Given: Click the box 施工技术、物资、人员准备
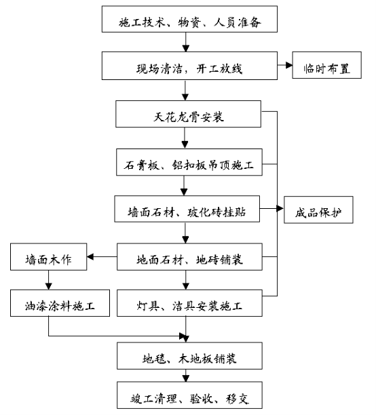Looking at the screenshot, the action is click(189, 19).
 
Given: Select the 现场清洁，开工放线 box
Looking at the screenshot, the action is click(189, 66).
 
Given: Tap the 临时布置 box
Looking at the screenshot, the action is click(326, 65).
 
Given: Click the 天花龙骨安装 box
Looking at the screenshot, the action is click(189, 114).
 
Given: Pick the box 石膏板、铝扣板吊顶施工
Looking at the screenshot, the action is click(189, 162).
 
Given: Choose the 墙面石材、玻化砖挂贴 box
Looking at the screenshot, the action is click(187, 209).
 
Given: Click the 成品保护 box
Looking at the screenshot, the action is click(318, 210).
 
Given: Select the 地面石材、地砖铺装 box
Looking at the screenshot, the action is click(190, 257).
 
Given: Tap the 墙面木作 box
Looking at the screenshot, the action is click(48, 257).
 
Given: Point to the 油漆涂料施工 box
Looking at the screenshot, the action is click(60, 303).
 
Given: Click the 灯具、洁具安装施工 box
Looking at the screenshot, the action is click(190, 303).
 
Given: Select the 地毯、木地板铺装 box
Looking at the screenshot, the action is click(190, 356).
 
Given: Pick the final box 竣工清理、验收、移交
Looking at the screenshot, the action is click(190, 395).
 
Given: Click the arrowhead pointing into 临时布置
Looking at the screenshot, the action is click(289, 65).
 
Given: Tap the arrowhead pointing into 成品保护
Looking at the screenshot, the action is click(280, 209).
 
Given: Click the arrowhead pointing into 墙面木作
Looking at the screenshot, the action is click(90, 257).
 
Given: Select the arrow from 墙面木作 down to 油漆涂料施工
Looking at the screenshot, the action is click(48, 280).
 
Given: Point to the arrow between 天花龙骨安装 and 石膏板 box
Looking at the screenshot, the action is click(185, 138).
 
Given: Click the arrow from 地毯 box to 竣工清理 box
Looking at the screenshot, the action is click(186, 376).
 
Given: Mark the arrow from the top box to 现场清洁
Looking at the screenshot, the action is click(186, 42).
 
